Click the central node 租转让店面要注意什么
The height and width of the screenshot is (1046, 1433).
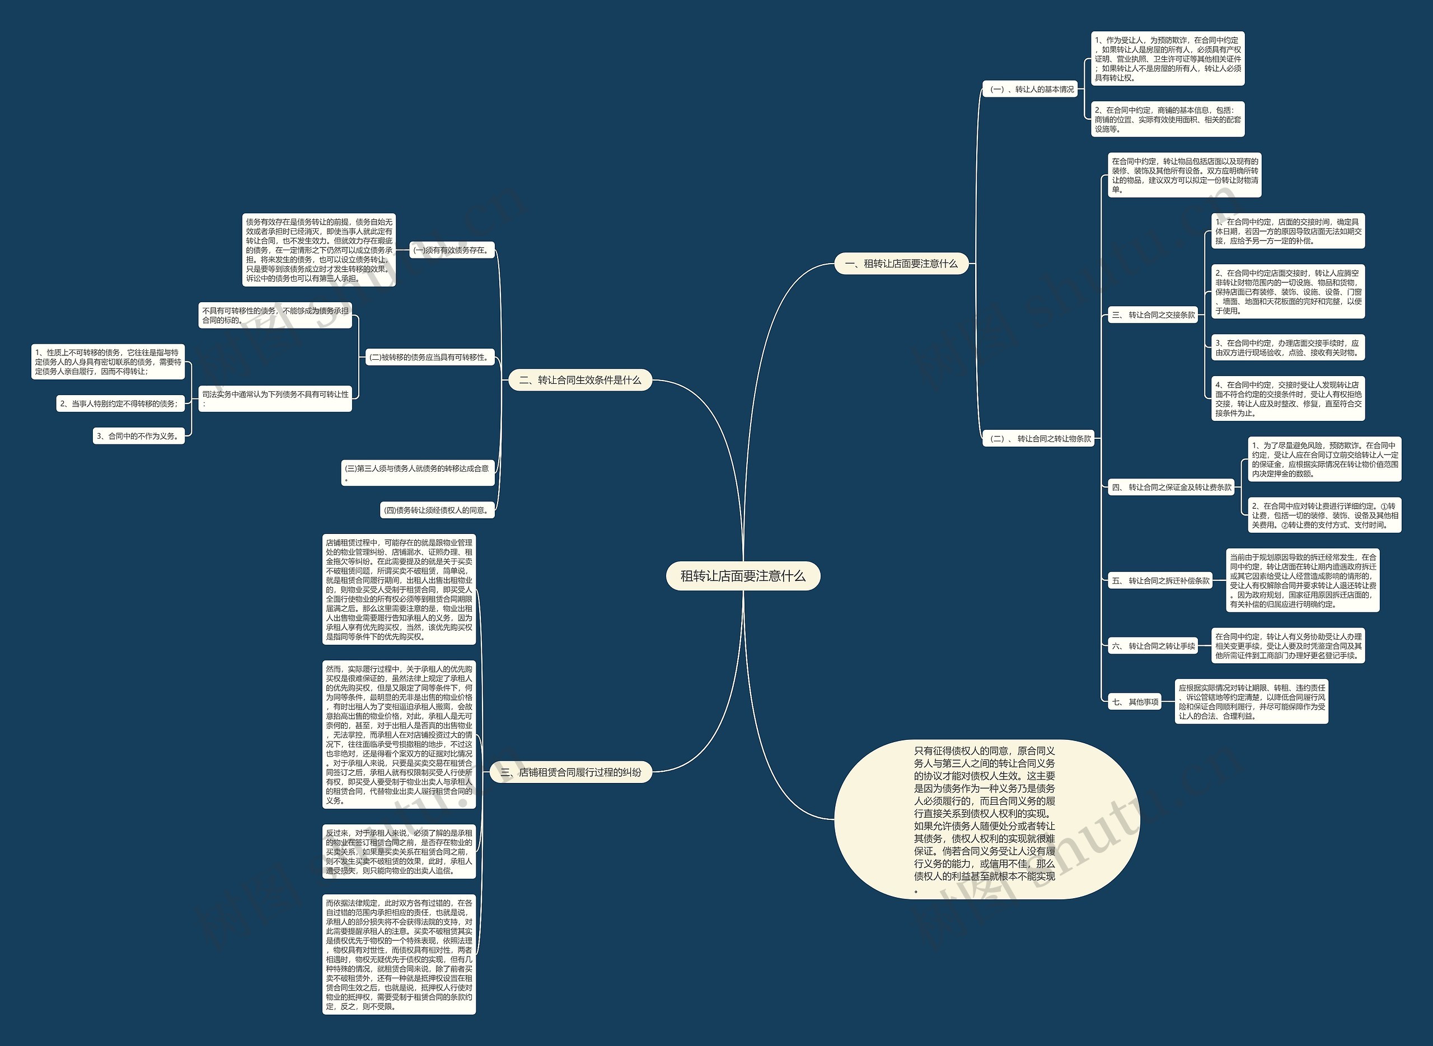pyautogui.click(x=743, y=576)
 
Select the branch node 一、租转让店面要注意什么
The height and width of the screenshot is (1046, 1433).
pyautogui.click(x=901, y=264)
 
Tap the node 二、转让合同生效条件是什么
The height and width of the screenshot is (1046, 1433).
pyautogui.click(x=580, y=380)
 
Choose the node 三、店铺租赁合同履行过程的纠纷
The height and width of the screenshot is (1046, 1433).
pyautogui.click(x=570, y=772)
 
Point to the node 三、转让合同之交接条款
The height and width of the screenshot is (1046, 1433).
pyautogui.click(x=1153, y=315)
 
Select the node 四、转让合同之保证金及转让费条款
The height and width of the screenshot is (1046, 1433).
pyautogui.click(x=1172, y=487)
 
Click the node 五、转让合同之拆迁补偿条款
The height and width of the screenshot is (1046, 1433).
pyautogui.click(x=1160, y=580)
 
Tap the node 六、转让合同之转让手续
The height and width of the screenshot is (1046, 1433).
pyautogui.click(x=1153, y=646)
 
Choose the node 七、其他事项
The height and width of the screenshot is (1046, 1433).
pyautogui.click(x=1135, y=702)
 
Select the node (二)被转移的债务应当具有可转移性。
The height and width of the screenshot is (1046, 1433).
pyautogui.click(x=429, y=357)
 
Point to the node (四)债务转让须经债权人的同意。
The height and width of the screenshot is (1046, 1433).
pyautogui.click(x=437, y=510)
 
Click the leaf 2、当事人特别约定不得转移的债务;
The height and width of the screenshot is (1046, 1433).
pyautogui.click(x=119, y=404)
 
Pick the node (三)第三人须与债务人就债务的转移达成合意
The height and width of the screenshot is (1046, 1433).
pyautogui.click(x=417, y=473)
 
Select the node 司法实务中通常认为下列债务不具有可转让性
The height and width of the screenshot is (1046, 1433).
pyautogui.click(x=275, y=398)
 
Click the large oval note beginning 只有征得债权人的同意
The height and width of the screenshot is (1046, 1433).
pyautogui.click(x=985, y=819)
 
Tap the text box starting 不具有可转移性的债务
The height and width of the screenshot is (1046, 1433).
pyautogui.click(x=275, y=315)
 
